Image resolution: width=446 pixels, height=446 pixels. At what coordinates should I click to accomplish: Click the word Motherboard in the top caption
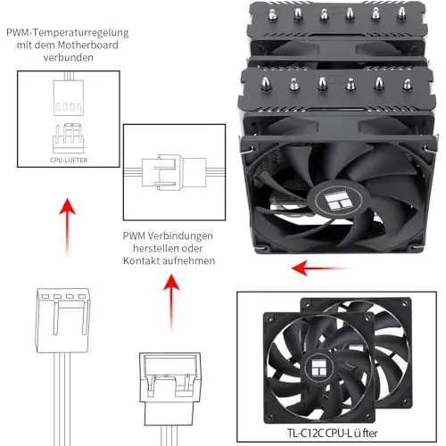click(x=88, y=45)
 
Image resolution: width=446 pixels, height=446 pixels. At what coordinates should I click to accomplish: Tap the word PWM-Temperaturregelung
click(x=68, y=32)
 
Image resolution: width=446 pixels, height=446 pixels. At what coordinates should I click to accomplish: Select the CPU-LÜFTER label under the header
click(x=69, y=160)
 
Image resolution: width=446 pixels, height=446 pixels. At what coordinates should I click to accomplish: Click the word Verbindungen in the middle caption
click(x=180, y=236)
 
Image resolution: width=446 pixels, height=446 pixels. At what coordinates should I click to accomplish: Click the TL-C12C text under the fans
click(x=305, y=433)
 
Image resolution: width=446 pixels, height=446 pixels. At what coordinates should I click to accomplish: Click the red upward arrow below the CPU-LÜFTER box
click(x=68, y=227)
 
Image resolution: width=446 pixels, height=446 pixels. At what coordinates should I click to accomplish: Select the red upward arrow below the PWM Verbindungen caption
click(x=171, y=302)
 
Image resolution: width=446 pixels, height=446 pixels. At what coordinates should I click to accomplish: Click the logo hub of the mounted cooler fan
click(x=339, y=200)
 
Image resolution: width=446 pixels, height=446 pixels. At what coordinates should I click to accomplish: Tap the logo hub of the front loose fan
click(x=319, y=368)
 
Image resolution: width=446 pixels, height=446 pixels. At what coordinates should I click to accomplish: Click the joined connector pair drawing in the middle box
click(x=174, y=172)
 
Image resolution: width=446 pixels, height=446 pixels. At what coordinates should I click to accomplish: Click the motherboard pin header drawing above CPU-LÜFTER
click(x=69, y=138)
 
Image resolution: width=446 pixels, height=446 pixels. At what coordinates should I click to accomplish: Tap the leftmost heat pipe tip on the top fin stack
click(x=272, y=14)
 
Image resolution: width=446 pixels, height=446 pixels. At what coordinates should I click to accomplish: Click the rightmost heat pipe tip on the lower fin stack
click(x=407, y=84)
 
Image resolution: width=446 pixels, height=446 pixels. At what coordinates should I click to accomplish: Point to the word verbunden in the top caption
click(x=69, y=57)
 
